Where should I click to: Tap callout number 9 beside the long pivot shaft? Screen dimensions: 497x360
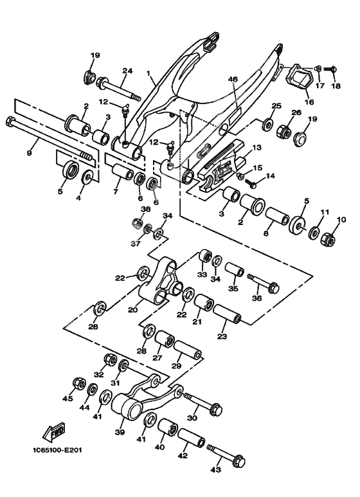[29, 153]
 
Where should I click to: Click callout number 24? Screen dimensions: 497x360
[127, 71]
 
